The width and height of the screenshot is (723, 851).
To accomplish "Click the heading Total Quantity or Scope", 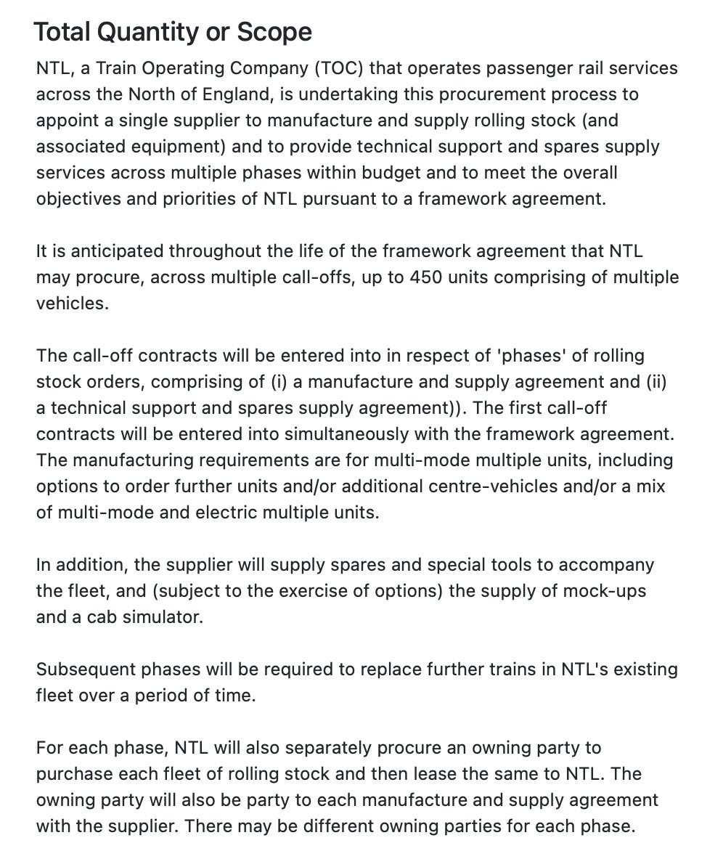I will click(173, 32).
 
